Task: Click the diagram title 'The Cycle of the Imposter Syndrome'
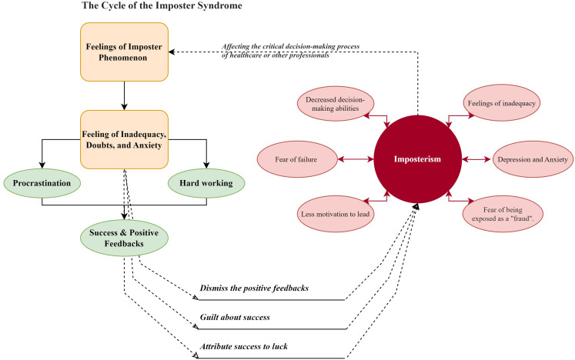tap(162, 5)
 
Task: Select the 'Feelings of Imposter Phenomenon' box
tap(125, 52)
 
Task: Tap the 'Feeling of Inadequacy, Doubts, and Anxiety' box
tap(125, 139)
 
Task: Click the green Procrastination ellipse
tap(42, 183)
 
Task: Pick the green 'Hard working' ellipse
tap(206, 183)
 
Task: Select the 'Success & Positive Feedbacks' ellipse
tap(125, 238)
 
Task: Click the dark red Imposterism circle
tap(418, 159)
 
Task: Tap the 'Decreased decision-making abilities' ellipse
tap(335, 104)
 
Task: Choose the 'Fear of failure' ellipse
tap(296, 159)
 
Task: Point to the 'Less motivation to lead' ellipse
tap(335, 214)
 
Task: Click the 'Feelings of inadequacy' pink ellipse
tap(501, 103)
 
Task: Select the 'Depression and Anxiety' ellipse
tap(533, 159)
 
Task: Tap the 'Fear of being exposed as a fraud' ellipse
tap(502, 214)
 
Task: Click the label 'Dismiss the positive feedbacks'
tap(254, 288)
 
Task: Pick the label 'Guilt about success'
tap(235, 317)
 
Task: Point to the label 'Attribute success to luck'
tap(243, 346)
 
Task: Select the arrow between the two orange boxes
tap(125, 95)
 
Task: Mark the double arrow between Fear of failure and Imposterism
tap(356, 159)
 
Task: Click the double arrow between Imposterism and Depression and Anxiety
tap(476, 159)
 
